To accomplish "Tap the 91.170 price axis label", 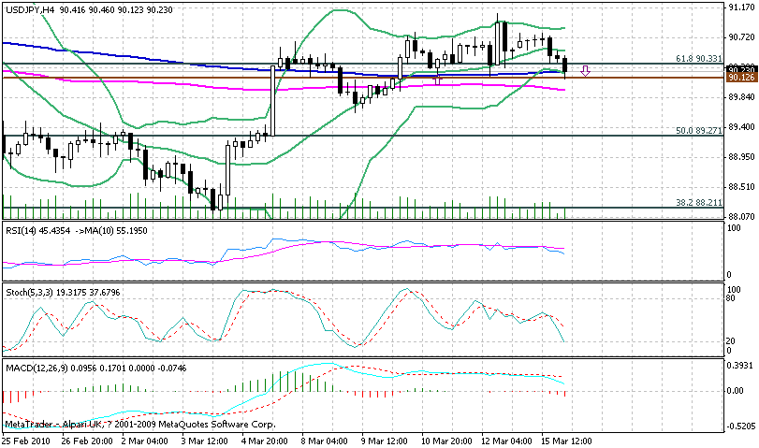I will pyautogui.click(x=740, y=9).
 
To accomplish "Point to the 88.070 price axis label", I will pyautogui.click(x=740, y=216).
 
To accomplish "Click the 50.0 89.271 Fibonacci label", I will pyautogui.click(x=699, y=130).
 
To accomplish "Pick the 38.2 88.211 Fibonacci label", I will pyautogui.click(x=699, y=202).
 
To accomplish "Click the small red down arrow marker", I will pyautogui.click(x=585, y=71).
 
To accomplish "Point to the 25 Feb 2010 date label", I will pyautogui.click(x=26, y=440).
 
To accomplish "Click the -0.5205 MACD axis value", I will pyautogui.click(x=740, y=426).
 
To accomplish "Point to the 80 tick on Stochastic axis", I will pyautogui.click(x=733, y=300).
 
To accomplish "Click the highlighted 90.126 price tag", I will pyautogui.click(x=739, y=79).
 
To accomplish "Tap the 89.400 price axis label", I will pyautogui.click(x=740, y=127).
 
